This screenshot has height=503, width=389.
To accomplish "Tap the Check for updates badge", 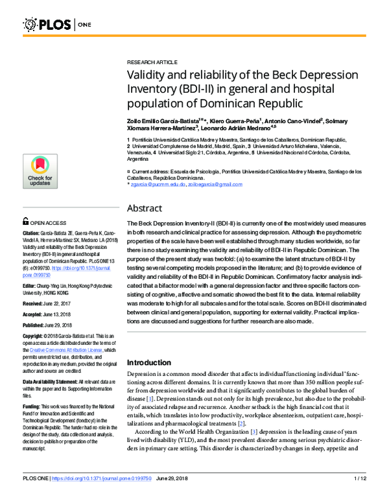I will [x=40, y=171].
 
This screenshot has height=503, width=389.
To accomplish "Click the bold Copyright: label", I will [x=35, y=336].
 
